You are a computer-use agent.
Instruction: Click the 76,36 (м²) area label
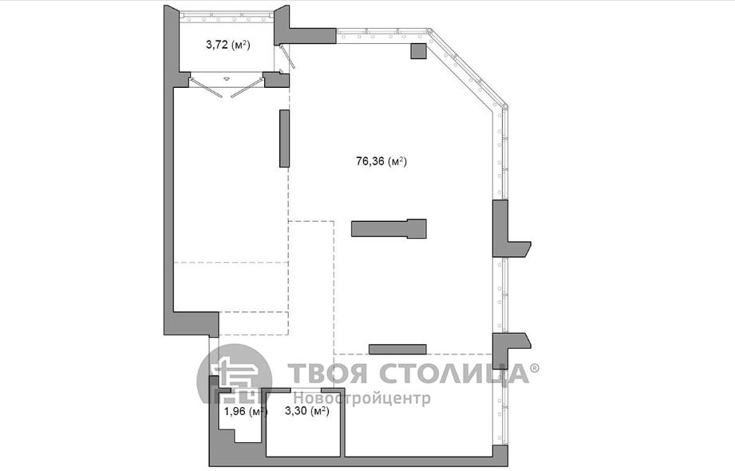[381, 162]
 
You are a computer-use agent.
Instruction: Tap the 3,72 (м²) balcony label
[227, 45]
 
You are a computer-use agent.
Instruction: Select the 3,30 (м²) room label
[307, 411]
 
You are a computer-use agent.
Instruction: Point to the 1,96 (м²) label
[246, 412]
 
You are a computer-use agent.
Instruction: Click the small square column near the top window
[419, 50]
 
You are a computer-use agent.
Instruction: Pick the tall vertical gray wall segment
[285, 138]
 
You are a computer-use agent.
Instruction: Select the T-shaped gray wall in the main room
[389, 228]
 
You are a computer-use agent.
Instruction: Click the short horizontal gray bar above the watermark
[397, 349]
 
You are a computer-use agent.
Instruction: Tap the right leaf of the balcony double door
[246, 88]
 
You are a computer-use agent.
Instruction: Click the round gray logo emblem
[235, 374]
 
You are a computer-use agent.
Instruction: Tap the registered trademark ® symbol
[535, 367]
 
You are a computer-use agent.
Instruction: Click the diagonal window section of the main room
[468, 70]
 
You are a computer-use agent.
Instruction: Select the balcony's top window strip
[227, 15]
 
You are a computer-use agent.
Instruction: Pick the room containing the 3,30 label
[305, 422]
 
